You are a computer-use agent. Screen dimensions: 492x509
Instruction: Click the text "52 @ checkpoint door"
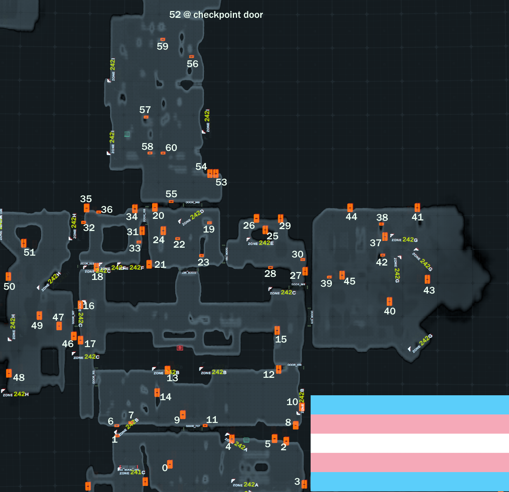point(216,15)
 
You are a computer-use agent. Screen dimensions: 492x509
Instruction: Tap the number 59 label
point(162,46)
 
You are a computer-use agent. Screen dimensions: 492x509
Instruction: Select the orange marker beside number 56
point(192,57)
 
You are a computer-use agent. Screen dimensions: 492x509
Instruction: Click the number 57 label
point(145,110)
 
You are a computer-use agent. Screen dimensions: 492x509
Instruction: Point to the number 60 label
point(171,148)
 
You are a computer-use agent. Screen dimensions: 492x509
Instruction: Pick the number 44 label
point(351,217)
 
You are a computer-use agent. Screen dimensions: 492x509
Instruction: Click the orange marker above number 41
point(417,207)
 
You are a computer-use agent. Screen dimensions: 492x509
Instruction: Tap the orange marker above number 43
point(427,279)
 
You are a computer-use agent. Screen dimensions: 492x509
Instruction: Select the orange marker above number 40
point(390,302)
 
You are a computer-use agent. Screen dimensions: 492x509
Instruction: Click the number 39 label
point(326,283)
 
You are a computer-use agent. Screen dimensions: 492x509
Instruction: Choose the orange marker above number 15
point(277,330)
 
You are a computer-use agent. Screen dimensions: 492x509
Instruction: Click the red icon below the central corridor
point(180,348)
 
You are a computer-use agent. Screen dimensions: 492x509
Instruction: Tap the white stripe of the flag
point(410,443)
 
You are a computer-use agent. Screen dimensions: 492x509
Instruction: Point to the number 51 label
point(30,252)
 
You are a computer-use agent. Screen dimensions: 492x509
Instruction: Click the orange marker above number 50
point(8,277)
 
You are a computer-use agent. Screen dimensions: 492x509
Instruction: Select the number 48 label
point(19,377)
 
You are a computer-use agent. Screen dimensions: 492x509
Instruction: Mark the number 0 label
point(165,468)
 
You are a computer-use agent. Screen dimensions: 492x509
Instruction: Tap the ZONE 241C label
point(132,473)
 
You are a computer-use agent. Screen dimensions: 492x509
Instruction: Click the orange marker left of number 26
point(256,218)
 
